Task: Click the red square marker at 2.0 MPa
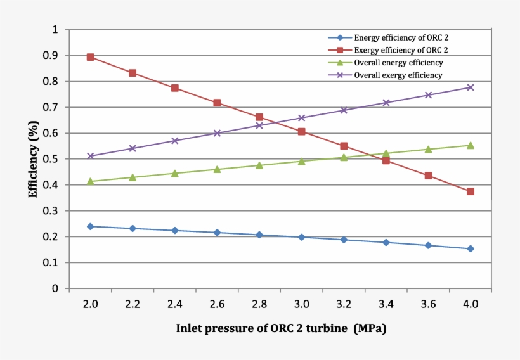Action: pyautogui.click(x=90, y=57)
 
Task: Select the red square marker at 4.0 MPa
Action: pyautogui.click(x=471, y=191)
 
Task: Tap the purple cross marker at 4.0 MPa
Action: pyautogui.click(x=471, y=87)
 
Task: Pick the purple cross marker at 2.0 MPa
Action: pyautogui.click(x=90, y=156)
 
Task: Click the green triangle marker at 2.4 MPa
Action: pyautogui.click(x=175, y=173)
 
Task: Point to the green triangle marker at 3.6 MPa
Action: pyautogui.click(x=428, y=150)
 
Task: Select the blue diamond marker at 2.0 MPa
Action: pyautogui.click(x=90, y=226)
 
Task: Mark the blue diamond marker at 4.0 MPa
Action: pyautogui.click(x=471, y=248)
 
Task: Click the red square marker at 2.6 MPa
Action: pyautogui.click(x=217, y=103)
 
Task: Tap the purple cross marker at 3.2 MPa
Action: pyautogui.click(x=344, y=110)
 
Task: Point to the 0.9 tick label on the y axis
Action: pyautogui.click(x=50, y=56)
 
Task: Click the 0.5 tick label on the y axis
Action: pyautogui.click(x=50, y=159)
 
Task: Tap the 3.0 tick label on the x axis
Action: pyautogui.click(x=301, y=304)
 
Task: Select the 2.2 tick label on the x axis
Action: pyautogui.click(x=133, y=304)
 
